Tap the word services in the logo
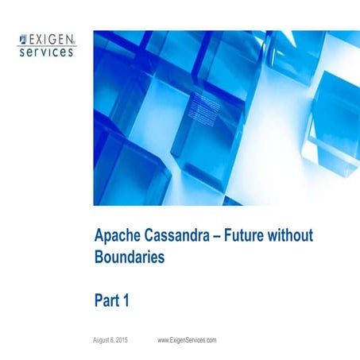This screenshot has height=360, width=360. pyautogui.click(x=47, y=50)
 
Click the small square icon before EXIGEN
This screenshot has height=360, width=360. pyautogui.click(x=22, y=37)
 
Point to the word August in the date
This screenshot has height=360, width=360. pyautogui.click(x=104, y=340)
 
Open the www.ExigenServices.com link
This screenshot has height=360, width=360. pyautogui.click(x=187, y=340)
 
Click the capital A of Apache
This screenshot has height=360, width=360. pyautogui.click(x=99, y=235)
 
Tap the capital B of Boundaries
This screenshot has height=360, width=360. pyautogui.click(x=99, y=257)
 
